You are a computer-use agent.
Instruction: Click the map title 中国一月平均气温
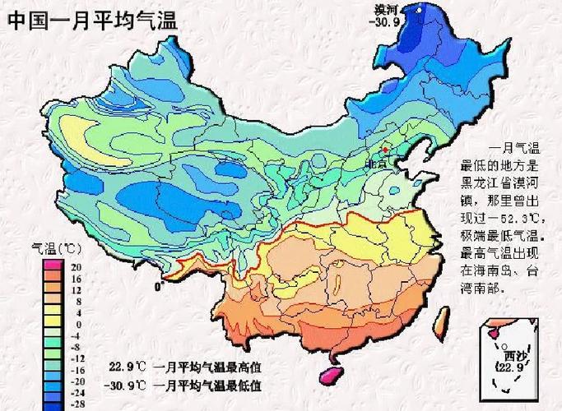pos(92,20)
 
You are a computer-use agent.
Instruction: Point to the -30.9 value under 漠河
pos(388,22)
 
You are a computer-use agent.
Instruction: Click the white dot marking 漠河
pos(418,11)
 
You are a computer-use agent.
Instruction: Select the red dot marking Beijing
pos(384,150)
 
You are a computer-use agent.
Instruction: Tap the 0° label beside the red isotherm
pos(158,287)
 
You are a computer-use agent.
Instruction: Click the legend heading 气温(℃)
pos(57,247)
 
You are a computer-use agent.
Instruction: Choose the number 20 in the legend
pos(76,267)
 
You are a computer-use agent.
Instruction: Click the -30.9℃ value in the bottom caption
pos(123,385)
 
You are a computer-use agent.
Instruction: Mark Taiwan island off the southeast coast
pos(442,316)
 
